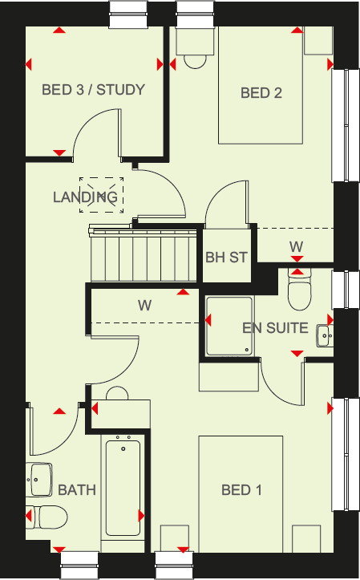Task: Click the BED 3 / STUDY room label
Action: tap(93, 89)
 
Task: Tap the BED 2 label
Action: tap(261, 93)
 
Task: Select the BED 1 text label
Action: tap(241, 490)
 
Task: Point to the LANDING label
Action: tap(85, 197)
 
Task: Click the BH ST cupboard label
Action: tap(226, 258)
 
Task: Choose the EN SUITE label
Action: tap(275, 327)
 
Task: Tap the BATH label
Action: tap(77, 489)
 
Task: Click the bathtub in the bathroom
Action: tap(122, 489)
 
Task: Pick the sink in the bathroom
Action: tap(40, 480)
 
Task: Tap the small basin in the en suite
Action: tap(324, 334)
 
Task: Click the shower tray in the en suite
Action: tap(230, 327)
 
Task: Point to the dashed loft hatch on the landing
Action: tap(100, 195)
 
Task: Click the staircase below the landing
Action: tap(143, 254)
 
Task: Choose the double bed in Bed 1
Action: tap(241, 493)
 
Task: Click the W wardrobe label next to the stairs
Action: tap(144, 305)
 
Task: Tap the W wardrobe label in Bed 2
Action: tap(296, 245)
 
